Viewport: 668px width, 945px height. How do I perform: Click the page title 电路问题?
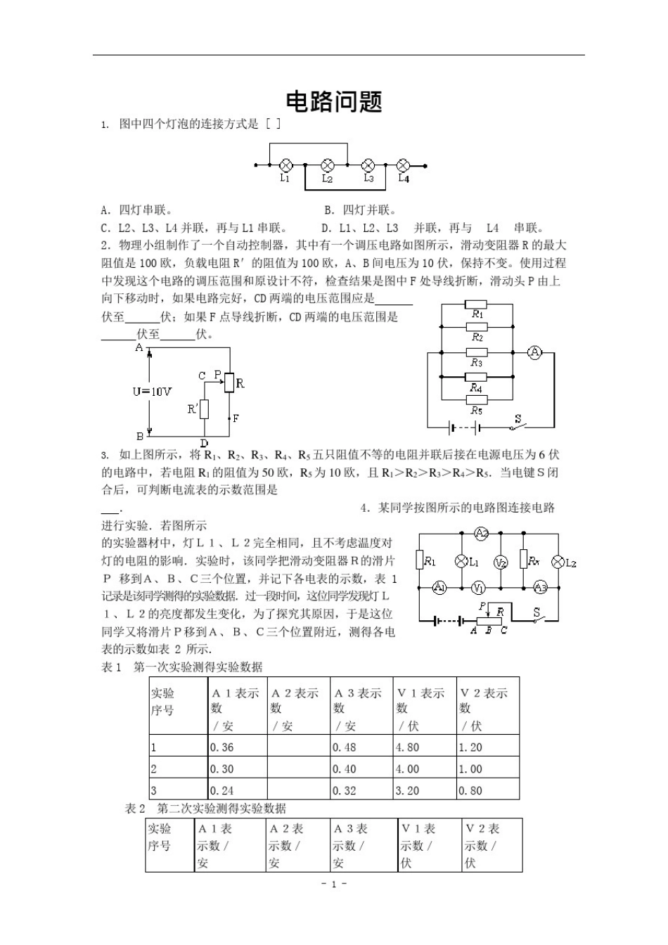click(x=334, y=101)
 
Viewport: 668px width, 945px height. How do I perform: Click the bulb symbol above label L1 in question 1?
click(x=286, y=165)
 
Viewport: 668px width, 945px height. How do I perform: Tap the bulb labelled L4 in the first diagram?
click(x=404, y=165)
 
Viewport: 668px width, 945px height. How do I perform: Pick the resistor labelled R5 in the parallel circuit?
click(x=477, y=400)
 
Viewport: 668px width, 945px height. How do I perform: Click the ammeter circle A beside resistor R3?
click(x=534, y=353)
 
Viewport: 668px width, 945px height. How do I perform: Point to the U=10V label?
click(x=152, y=391)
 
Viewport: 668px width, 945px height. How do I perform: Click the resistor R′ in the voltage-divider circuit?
click(x=205, y=409)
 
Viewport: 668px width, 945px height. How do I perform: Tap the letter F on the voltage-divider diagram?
click(x=236, y=418)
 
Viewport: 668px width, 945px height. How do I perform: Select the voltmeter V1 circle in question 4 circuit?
click(x=477, y=587)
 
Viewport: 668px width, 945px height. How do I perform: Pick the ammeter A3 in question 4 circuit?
click(x=540, y=587)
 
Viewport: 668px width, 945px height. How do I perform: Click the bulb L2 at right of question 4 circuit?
click(x=559, y=561)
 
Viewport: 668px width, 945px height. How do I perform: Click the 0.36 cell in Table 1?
click(x=223, y=747)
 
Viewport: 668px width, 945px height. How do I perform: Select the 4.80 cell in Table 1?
click(x=408, y=747)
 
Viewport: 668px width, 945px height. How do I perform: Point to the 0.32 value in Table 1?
click(x=345, y=790)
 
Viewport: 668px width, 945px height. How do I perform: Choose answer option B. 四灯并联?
click(x=360, y=210)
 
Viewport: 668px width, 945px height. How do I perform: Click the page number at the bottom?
click(x=334, y=884)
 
